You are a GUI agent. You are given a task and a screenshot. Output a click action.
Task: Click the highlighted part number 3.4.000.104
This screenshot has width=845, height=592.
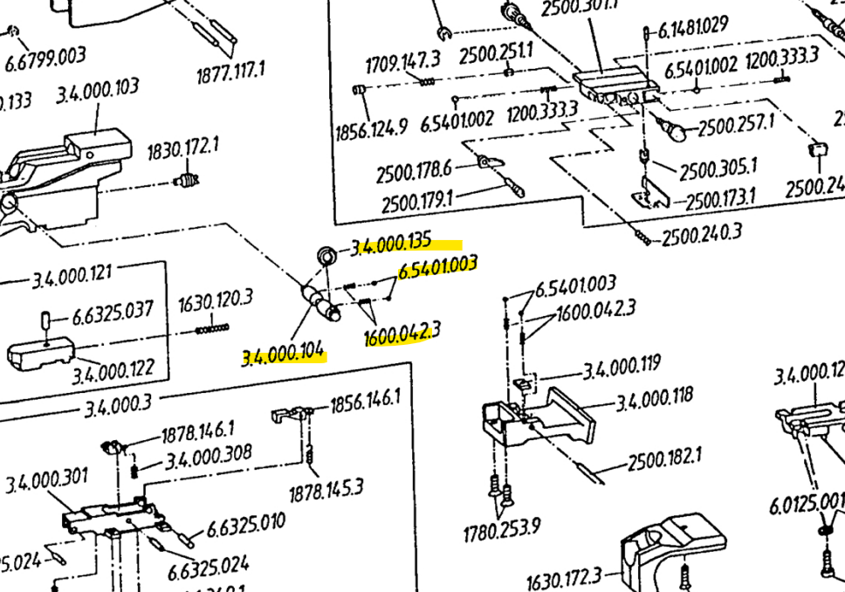[284, 355]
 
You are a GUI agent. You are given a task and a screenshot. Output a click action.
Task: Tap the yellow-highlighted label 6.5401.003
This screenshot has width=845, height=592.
[437, 266]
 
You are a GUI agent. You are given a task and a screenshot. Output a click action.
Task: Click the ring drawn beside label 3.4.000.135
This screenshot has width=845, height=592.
[326, 256]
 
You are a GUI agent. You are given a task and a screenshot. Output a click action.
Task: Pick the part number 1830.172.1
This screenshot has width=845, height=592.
[182, 150]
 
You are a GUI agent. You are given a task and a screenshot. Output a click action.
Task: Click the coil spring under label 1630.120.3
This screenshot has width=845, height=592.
[212, 329]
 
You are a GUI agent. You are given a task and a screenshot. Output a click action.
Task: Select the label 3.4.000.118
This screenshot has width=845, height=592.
[654, 397]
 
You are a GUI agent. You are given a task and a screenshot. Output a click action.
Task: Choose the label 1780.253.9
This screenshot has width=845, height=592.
[502, 528]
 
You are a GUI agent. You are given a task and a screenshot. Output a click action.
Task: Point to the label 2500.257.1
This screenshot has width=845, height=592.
[735, 126]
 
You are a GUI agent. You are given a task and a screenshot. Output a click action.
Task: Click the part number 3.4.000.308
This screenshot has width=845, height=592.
[209, 455]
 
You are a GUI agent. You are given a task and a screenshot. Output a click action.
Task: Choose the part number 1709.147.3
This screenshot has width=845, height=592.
[402, 63]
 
